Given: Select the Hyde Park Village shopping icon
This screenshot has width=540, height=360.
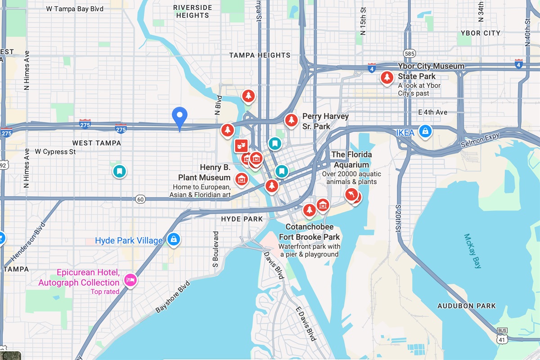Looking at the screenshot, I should click(x=173, y=239).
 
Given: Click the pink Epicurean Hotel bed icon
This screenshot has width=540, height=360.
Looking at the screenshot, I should click(x=130, y=280).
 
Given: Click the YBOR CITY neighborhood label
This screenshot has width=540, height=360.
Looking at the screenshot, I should click(x=480, y=33).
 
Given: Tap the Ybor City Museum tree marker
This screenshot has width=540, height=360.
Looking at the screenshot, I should click(x=386, y=77).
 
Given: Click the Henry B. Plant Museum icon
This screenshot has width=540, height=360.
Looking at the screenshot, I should click(x=242, y=179).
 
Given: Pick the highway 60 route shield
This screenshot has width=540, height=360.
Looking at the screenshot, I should click(x=140, y=199).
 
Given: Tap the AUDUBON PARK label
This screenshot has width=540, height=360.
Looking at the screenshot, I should click(x=467, y=306).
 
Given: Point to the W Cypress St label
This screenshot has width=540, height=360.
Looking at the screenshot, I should click(x=55, y=152).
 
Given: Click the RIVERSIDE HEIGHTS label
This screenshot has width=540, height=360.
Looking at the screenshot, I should click(x=193, y=11).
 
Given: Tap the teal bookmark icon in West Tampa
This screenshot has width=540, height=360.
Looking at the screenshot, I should click(x=119, y=171).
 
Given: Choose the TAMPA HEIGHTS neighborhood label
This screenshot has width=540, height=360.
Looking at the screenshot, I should click(x=260, y=55).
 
